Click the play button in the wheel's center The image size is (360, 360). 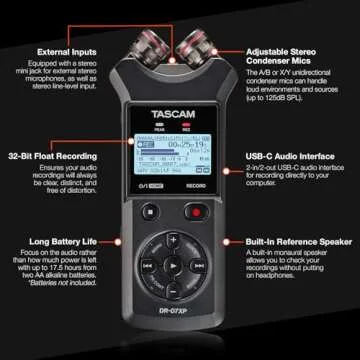point(172,267)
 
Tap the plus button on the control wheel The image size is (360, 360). point(172,243)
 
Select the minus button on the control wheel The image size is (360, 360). point(172,291)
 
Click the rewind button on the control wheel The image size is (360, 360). point(148,267)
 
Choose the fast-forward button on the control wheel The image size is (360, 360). point(196,267)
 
